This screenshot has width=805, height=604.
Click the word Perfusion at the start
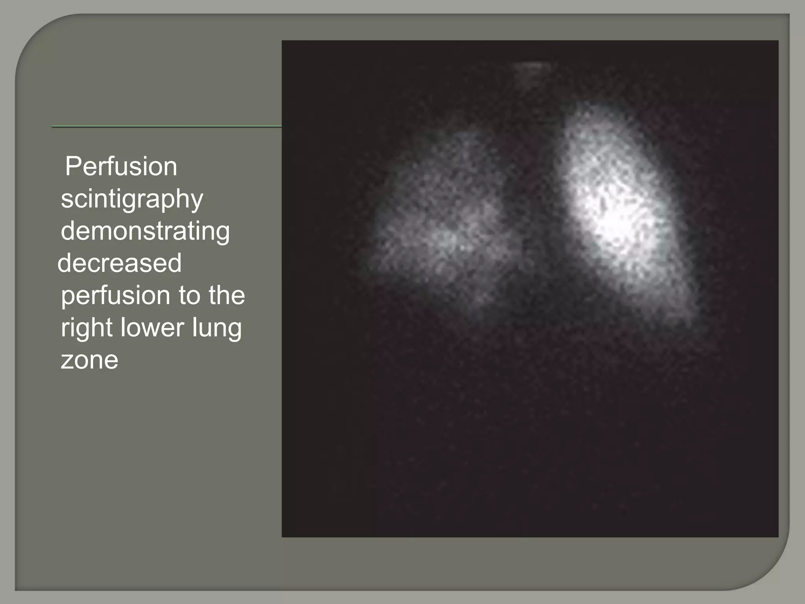coord(121,167)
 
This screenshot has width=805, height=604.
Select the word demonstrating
coord(145,231)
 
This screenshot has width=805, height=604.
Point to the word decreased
coord(119,263)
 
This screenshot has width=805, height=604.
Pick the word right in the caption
coord(87,328)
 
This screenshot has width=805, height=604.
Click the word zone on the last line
coord(89,360)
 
